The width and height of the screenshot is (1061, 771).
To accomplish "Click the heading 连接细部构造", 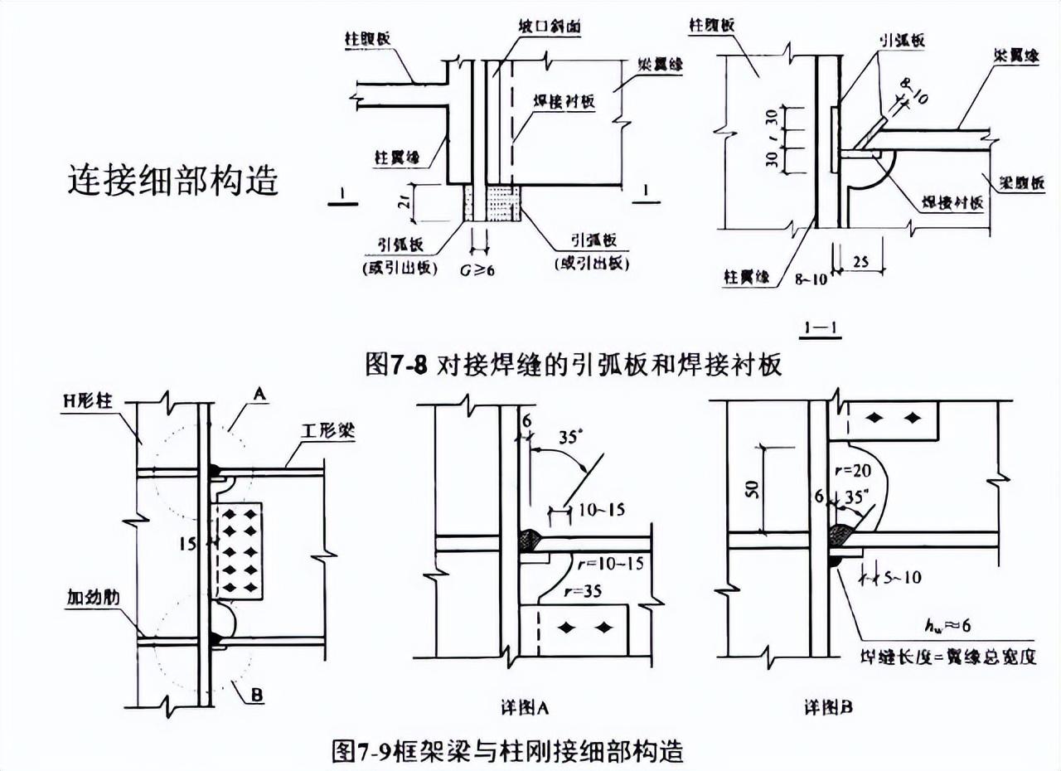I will (x=172, y=180).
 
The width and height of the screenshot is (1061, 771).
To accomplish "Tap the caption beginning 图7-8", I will (x=574, y=365).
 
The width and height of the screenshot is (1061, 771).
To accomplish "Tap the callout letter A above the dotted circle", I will (x=259, y=397).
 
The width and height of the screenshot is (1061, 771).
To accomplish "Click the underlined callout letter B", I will (x=256, y=695).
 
